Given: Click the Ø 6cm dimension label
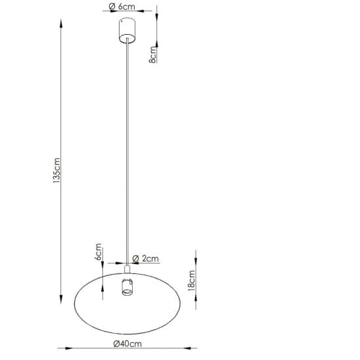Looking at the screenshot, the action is coord(122,7).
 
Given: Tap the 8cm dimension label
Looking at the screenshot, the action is coord(152,55).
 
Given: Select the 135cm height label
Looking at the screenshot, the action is coord(56,171).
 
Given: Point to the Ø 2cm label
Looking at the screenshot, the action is coord(146,259).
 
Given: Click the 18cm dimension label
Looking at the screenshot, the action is coord(191,281).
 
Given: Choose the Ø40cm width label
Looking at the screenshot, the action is coord(127,344).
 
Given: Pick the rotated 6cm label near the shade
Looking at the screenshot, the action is coord(98,252).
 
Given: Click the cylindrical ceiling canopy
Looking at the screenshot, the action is coord(127,30).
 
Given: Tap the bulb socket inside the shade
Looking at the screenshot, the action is coord(127,287).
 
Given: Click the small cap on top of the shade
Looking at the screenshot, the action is coord(127,269).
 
